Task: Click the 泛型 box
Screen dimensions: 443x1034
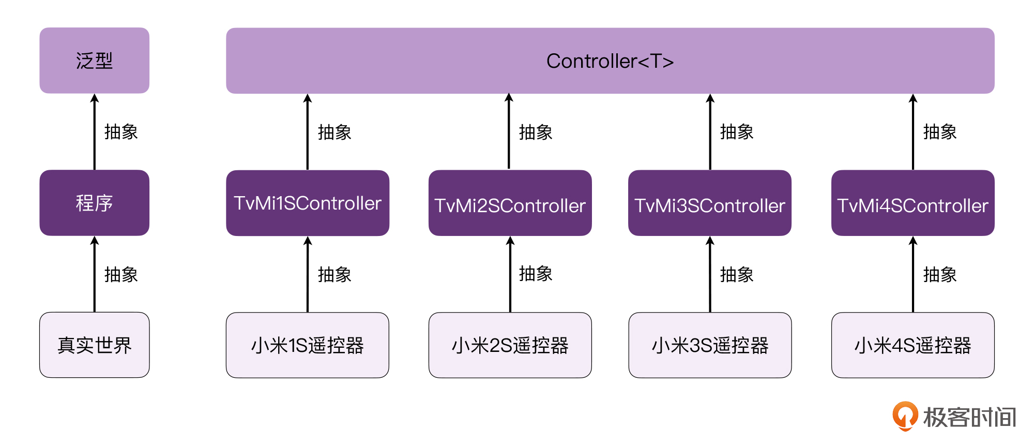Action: pos(95,61)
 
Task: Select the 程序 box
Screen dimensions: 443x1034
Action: pos(95,203)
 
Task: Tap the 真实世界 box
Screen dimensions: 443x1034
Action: pos(95,345)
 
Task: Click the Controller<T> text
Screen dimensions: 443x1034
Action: pos(610,61)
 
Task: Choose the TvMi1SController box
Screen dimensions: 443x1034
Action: pos(308,203)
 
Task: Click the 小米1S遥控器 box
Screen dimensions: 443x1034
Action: pos(308,345)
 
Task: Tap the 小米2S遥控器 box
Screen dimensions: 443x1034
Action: pos(510,345)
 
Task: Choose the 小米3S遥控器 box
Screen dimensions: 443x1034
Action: pos(710,345)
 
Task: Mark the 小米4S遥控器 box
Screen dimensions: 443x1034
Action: pos(913,345)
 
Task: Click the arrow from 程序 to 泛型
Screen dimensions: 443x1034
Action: pos(95,132)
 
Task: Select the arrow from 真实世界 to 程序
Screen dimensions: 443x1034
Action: pos(95,274)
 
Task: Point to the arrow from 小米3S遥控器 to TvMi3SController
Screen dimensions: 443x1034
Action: pos(710,274)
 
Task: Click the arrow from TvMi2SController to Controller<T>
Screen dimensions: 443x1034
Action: pos(509,132)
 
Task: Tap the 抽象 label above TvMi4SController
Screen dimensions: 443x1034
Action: pos(940,132)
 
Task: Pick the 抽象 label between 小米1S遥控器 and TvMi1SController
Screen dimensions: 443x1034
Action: pos(334,274)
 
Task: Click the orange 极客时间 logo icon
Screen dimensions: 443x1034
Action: pos(905,416)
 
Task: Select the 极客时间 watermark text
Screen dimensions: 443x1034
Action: pos(970,417)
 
